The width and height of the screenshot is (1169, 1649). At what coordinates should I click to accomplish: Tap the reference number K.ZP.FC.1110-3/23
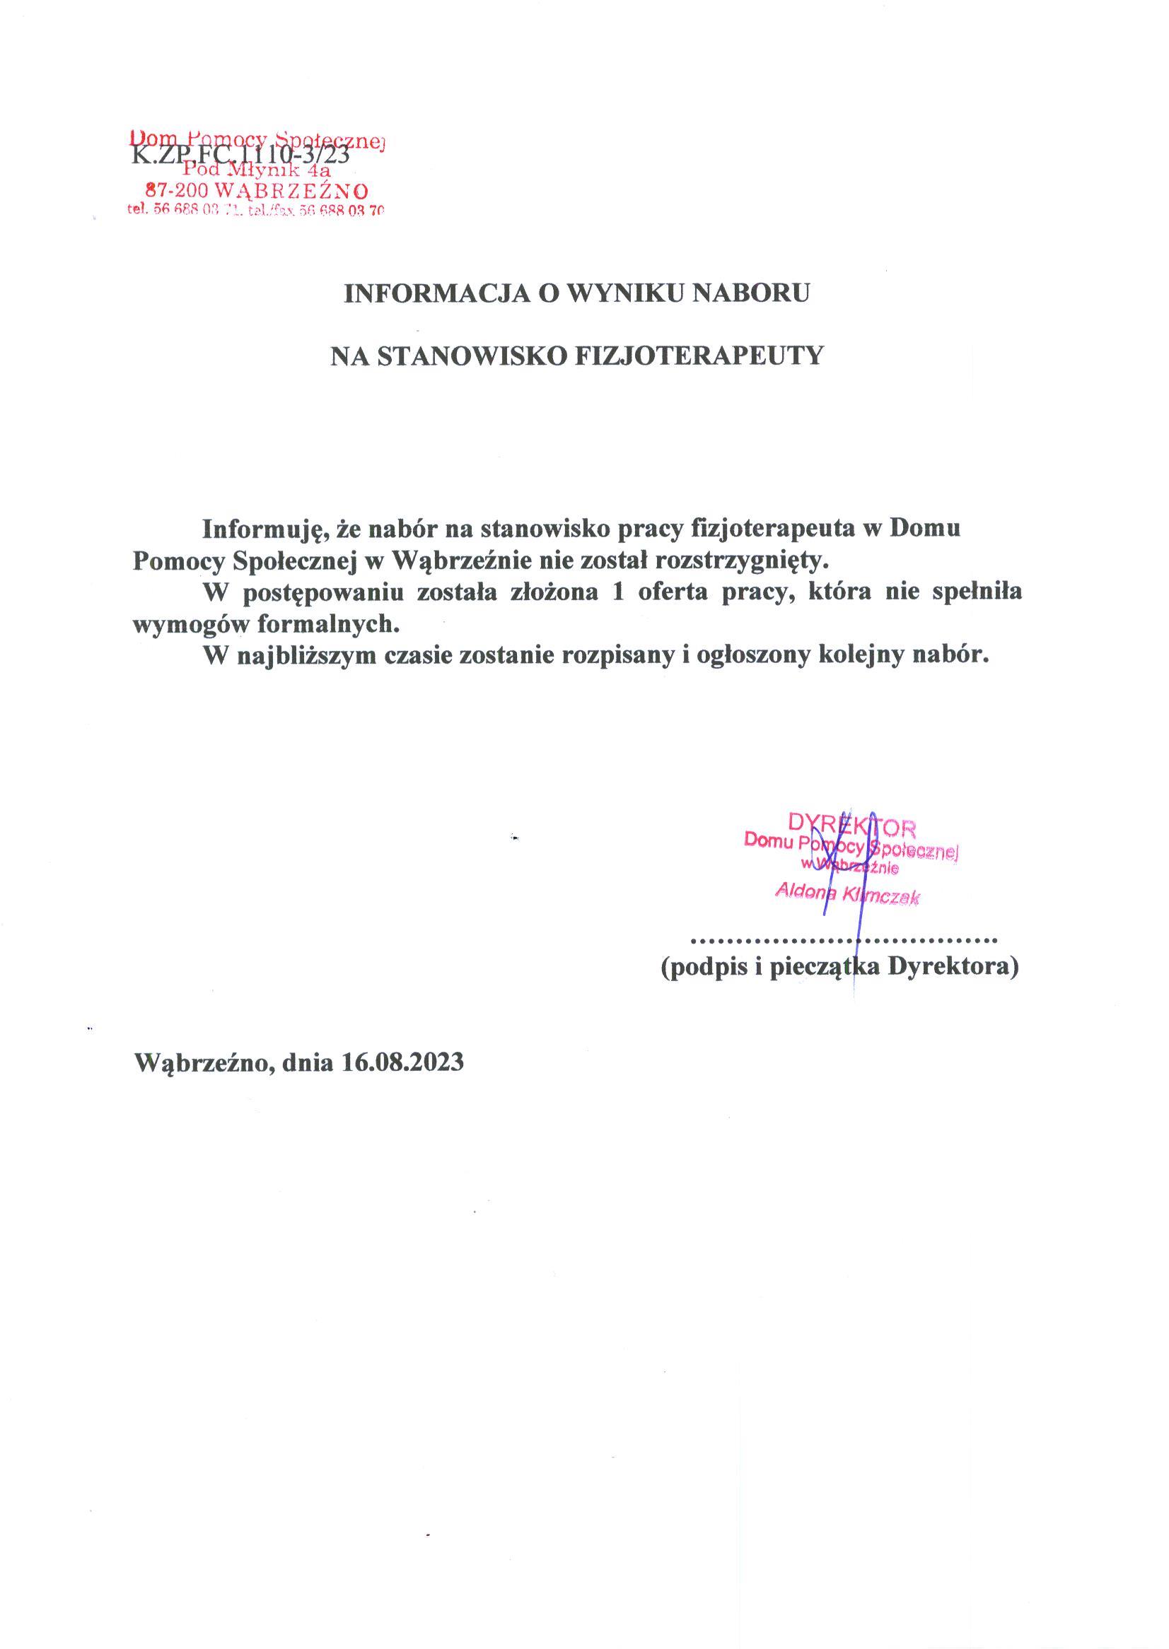(x=240, y=155)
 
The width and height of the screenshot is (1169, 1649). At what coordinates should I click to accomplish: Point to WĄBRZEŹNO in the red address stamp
(x=292, y=192)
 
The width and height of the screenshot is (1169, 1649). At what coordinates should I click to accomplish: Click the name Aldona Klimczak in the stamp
(x=847, y=895)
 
